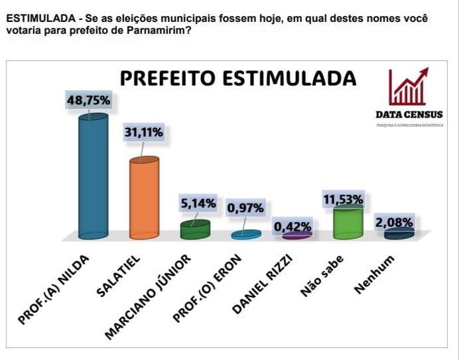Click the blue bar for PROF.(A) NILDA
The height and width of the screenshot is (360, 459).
point(94,176)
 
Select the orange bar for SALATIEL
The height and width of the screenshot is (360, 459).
point(144,198)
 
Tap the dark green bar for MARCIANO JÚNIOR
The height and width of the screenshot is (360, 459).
point(195,229)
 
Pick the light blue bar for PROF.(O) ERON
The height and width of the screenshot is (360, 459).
point(246,235)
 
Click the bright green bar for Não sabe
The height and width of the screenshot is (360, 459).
point(348,221)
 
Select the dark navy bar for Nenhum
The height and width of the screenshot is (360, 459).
point(399,233)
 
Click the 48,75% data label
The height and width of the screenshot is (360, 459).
point(88,100)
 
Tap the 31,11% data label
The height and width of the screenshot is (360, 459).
point(143,134)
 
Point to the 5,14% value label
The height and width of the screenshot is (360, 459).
point(198,204)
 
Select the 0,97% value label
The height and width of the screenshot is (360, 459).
point(245,208)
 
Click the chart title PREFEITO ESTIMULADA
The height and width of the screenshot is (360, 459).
point(237,78)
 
